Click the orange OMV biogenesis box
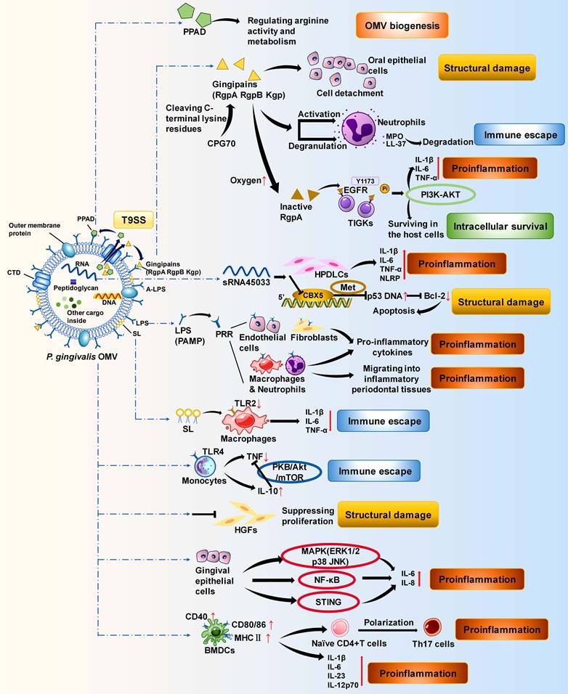(401, 25)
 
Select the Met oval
(349, 287)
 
